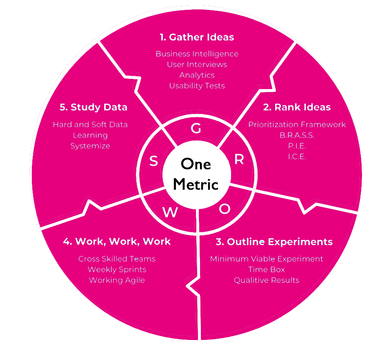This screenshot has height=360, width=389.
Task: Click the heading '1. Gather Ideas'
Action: (197, 37)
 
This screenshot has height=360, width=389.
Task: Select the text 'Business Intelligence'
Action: (197, 54)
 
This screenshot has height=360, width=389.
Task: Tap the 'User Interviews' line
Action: (197, 65)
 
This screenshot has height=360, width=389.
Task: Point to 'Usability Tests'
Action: (197, 86)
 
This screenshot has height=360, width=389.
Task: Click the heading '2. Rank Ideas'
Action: (297, 107)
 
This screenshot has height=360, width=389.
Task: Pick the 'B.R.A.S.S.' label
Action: (297, 135)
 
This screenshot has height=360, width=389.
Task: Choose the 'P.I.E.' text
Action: (297, 146)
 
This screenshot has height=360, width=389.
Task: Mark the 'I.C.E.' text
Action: (297, 157)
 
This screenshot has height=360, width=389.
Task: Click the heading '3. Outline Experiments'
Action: (274, 241)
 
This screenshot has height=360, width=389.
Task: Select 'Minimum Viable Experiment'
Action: (267, 259)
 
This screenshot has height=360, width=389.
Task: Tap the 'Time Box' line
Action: (267, 270)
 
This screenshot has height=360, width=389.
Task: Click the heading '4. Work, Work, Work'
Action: (117, 241)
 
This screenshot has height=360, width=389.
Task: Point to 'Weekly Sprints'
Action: (117, 270)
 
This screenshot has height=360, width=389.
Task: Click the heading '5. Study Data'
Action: (93, 107)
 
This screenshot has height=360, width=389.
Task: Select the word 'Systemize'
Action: (90, 146)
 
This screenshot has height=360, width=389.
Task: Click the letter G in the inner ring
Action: (196, 129)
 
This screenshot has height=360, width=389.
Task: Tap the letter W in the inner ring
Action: (170, 212)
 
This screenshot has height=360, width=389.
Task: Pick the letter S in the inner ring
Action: (153, 161)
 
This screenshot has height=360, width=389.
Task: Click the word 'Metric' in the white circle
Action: (196, 184)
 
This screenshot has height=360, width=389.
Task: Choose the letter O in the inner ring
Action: (225, 209)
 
